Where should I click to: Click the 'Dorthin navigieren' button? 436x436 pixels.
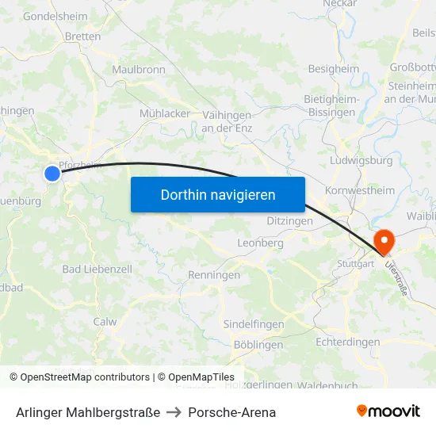click(218, 194)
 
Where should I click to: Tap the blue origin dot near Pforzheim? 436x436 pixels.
click(52, 173)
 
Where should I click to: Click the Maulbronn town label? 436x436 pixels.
click(139, 70)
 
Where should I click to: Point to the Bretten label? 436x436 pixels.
click(82, 36)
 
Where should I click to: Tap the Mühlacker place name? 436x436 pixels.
click(165, 113)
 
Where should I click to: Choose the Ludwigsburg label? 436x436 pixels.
click(361, 160)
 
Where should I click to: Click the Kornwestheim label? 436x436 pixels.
click(360, 190)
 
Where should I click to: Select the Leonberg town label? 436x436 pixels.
click(260, 243)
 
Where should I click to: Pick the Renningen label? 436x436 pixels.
click(214, 275)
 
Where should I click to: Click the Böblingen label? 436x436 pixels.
click(258, 345)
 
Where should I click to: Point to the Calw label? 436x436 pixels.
click(105, 322)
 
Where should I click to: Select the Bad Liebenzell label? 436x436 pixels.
click(97, 270)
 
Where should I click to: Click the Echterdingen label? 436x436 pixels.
click(347, 342)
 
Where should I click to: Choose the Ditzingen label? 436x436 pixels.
click(289, 221)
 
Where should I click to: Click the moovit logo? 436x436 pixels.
click(388, 411)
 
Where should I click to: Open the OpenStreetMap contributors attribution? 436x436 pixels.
click(85, 377)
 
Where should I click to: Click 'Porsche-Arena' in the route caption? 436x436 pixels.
click(232, 412)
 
